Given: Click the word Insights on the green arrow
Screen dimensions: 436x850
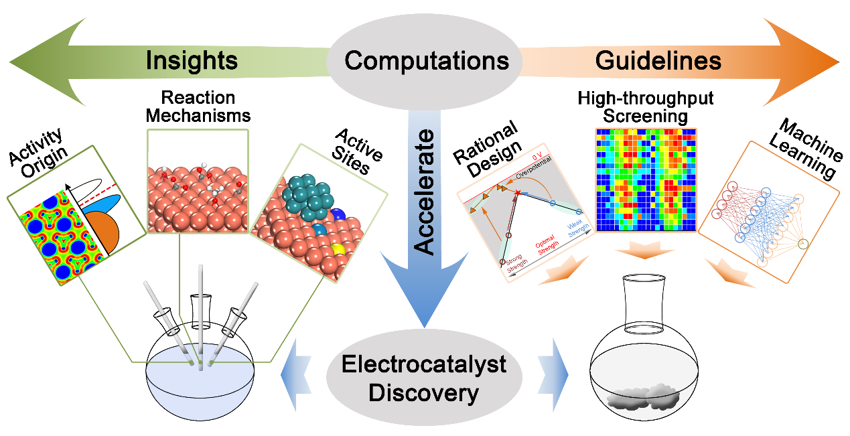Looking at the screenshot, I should tap(192, 61).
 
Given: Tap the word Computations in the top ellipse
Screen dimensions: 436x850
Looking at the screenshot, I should tap(427, 61).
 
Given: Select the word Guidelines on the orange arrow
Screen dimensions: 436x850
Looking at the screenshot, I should tap(658, 61).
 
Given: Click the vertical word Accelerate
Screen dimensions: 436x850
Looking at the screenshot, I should tap(425, 191).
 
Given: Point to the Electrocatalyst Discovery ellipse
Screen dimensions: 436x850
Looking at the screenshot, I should tap(424, 379).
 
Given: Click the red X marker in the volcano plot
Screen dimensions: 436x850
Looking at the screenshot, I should tap(517, 194).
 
